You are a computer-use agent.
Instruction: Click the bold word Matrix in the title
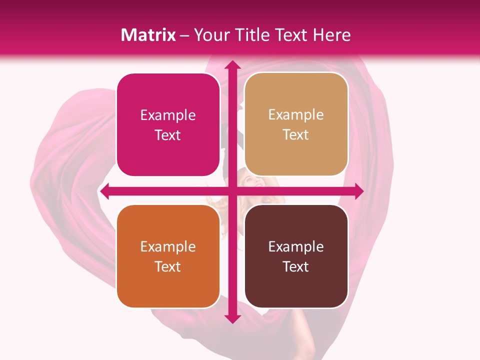(148, 35)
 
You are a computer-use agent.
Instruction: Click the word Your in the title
(209, 35)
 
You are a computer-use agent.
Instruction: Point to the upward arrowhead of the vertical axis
(231, 65)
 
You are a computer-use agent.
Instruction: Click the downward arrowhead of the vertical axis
(231, 318)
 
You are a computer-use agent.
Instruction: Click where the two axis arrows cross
(231, 191)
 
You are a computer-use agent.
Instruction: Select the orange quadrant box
(168, 285)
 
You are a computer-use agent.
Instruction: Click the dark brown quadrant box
(296, 285)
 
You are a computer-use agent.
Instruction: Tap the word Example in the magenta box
(168, 115)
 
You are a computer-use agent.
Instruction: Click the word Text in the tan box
(296, 135)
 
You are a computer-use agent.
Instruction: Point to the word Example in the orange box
(168, 247)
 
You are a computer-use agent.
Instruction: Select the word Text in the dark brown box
(296, 266)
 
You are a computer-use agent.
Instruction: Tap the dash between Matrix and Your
(184, 35)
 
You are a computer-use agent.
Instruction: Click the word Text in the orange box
(168, 266)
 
